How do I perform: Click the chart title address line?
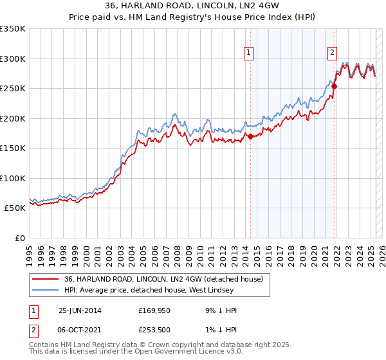(192, 8)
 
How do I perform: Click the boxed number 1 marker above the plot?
(248, 53)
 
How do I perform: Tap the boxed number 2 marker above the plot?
(332, 53)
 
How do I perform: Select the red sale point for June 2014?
(251, 136)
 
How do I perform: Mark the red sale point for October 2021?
(335, 86)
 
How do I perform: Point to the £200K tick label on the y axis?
(13, 118)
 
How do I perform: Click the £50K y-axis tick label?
(15, 208)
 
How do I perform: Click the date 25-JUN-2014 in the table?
(80, 310)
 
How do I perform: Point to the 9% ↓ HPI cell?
(221, 310)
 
